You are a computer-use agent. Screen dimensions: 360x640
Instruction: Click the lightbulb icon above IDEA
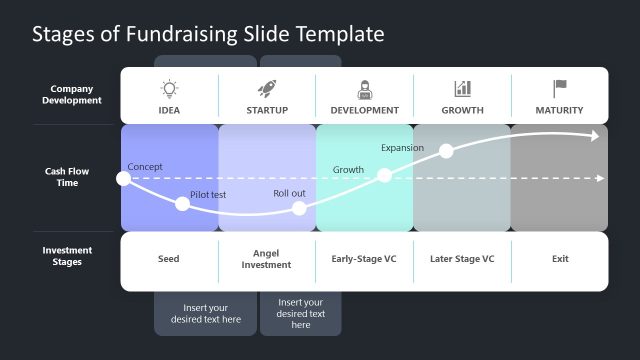pos(169,89)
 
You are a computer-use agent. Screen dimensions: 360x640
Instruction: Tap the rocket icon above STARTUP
pos(267,89)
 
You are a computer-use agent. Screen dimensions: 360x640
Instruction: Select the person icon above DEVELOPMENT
pos(364,89)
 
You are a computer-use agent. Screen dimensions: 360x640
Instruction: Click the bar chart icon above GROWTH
pos(462,89)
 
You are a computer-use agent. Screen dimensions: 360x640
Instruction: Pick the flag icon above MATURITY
pos(560,89)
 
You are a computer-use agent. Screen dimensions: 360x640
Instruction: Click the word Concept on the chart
pos(145,167)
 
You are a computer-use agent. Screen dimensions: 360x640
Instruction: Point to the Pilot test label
pos(208,194)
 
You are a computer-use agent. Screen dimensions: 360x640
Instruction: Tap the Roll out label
pos(290,194)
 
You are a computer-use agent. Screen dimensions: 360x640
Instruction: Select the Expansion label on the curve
pos(402,148)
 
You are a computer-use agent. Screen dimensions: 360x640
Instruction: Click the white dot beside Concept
pos(123,179)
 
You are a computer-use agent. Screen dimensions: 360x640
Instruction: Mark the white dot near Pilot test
pos(182,204)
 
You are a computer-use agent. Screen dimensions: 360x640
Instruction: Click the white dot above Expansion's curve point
pos(446,151)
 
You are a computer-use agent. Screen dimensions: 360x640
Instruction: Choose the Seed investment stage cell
pos(169,259)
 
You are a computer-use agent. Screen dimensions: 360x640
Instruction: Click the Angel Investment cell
pos(266,259)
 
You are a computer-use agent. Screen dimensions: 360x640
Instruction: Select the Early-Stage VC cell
pos(364,259)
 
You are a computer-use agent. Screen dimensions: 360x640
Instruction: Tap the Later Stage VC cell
pos(462,259)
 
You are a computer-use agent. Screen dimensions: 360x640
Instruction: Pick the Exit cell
pos(560,259)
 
